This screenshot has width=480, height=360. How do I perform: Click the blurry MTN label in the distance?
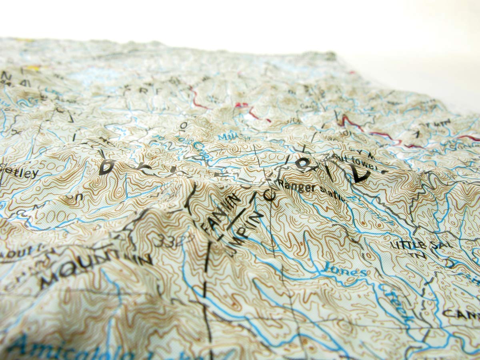[x=440, y=122]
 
